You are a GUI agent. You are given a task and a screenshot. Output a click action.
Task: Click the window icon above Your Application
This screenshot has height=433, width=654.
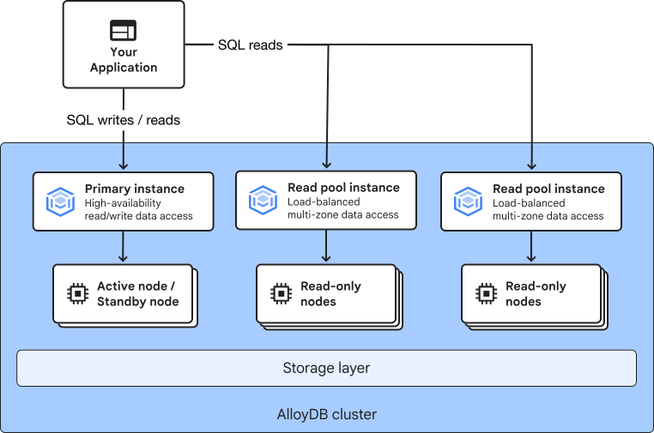coord(123,30)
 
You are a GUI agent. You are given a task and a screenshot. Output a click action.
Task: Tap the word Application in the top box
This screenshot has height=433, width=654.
coord(124,68)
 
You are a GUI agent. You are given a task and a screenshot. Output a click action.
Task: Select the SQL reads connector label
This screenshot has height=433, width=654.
coord(251,45)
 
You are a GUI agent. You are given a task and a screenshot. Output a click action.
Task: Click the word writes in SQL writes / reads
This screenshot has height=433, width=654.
coord(116,120)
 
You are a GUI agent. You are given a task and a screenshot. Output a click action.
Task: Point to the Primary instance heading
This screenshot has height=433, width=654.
coord(134,189)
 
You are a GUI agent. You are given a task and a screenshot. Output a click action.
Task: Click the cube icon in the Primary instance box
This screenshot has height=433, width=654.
coord(60,201)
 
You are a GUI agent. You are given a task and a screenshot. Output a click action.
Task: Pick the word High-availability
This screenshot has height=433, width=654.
coord(123,203)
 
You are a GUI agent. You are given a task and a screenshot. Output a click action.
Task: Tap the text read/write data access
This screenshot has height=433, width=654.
coord(138,216)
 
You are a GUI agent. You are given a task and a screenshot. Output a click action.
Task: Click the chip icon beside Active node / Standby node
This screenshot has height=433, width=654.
coord(77,294)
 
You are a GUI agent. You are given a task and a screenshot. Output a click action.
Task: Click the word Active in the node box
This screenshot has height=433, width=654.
coord(113,286)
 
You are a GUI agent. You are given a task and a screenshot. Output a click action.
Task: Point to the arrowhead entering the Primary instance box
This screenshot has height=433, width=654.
coord(124,166)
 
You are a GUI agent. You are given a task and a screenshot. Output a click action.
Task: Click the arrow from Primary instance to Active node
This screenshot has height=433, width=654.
coord(123,246)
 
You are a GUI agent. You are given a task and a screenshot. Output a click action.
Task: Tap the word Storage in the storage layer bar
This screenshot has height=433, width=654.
coord(304,368)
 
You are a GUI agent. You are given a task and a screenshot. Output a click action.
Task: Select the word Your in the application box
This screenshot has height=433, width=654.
coord(124,52)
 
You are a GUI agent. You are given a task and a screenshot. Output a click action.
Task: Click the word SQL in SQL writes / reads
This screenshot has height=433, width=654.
coord(80,120)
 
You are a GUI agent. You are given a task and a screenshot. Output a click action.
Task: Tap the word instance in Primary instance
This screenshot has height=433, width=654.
coord(159,189)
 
